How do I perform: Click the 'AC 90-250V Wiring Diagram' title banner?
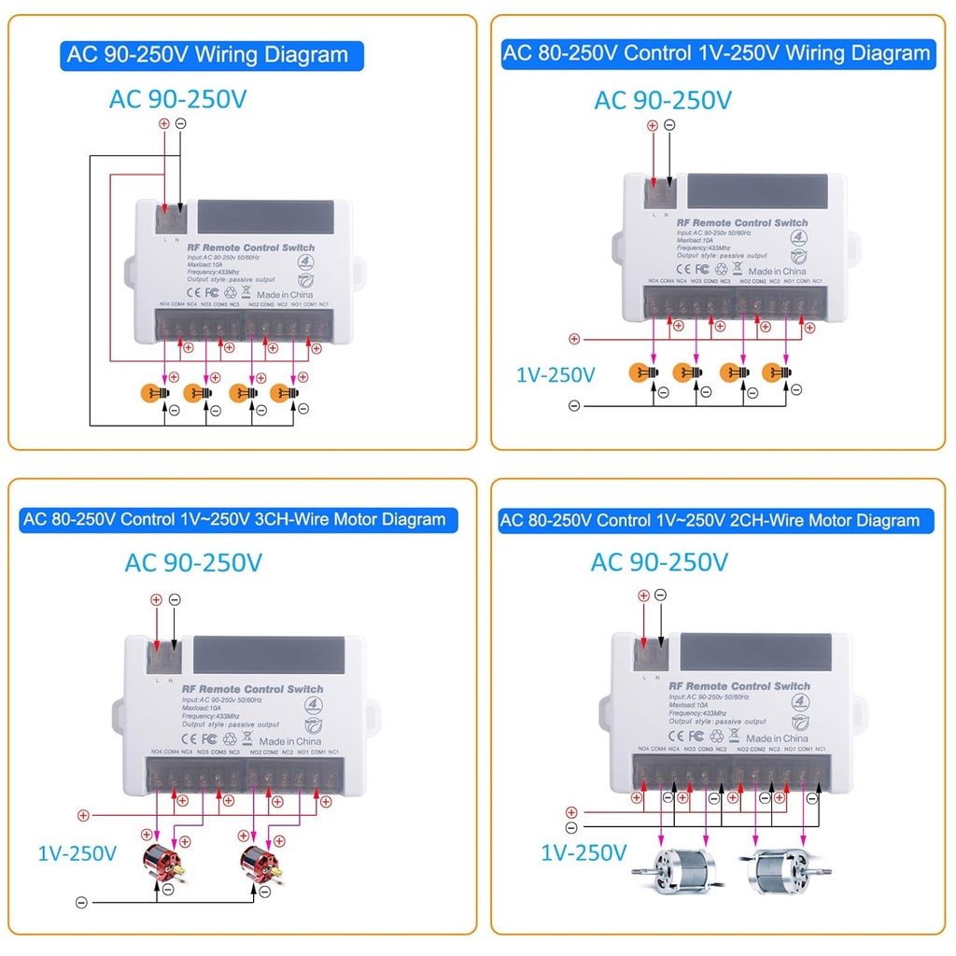[213, 54]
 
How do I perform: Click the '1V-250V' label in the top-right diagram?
[555, 375]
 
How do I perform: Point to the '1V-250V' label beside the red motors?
[77, 852]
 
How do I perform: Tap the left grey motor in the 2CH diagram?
[672, 873]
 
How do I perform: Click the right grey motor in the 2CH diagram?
[783, 873]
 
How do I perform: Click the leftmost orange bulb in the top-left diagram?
[153, 393]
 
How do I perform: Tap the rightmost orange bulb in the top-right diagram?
[775, 372]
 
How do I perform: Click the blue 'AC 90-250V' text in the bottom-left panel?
[193, 563]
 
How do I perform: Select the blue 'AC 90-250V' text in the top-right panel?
[663, 100]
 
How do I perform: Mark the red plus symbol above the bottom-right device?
[643, 596]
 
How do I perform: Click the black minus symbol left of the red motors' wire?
[81, 902]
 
